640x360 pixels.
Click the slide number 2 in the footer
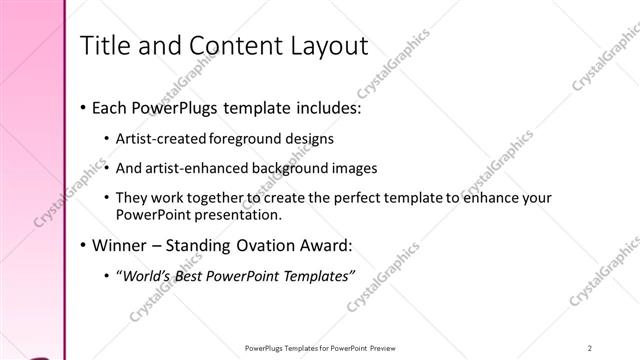tap(591, 348)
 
